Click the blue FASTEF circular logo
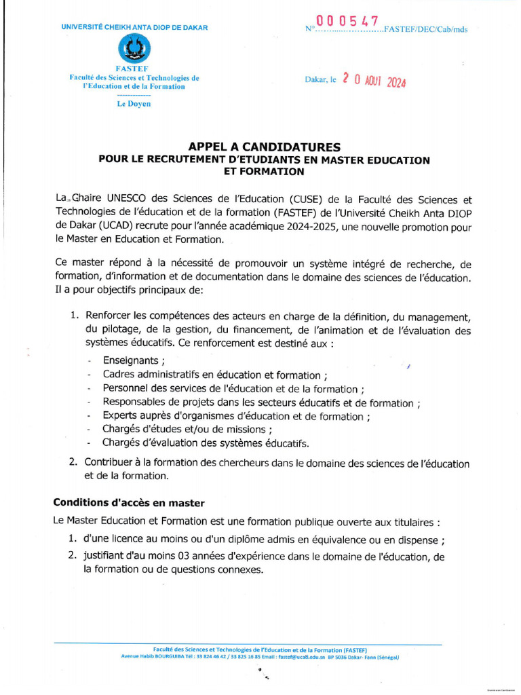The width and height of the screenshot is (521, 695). point(134,48)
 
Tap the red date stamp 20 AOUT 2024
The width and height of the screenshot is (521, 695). point(374,81)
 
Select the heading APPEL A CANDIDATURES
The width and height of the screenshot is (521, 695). point(264,147)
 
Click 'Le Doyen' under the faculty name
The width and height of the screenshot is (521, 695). point(134,104)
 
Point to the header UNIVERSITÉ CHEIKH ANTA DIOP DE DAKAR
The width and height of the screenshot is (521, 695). point(134,27)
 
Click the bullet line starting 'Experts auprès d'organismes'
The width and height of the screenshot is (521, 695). point(236,416)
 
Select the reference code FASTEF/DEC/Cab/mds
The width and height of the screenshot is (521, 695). point(425,29)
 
